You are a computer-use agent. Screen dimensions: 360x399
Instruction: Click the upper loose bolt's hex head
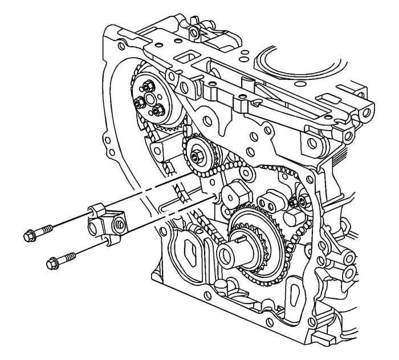tap(28, 234)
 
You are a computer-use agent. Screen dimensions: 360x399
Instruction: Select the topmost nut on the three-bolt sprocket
tap(145, 86)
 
